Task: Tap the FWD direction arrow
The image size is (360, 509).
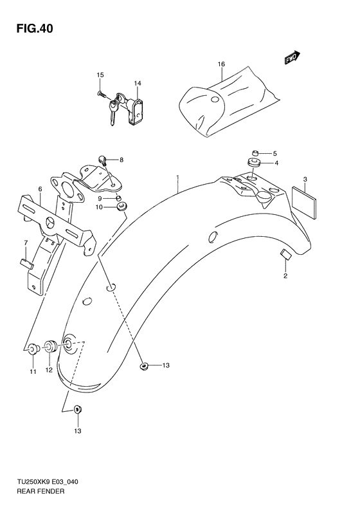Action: click(292, 58)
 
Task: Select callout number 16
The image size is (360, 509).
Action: click(221, 64)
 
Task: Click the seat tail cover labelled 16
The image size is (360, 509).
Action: click(225, 106)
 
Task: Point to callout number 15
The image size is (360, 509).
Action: click(100, 76)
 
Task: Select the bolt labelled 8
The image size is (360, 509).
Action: click(102, 159)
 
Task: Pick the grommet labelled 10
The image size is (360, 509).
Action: click(121, 207)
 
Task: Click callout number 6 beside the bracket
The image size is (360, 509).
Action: click(40, 189)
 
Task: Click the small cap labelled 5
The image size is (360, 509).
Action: click(255, 152)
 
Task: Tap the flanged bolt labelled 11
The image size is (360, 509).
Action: click(32, 349)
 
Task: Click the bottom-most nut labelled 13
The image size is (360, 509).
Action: click(77, 407)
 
